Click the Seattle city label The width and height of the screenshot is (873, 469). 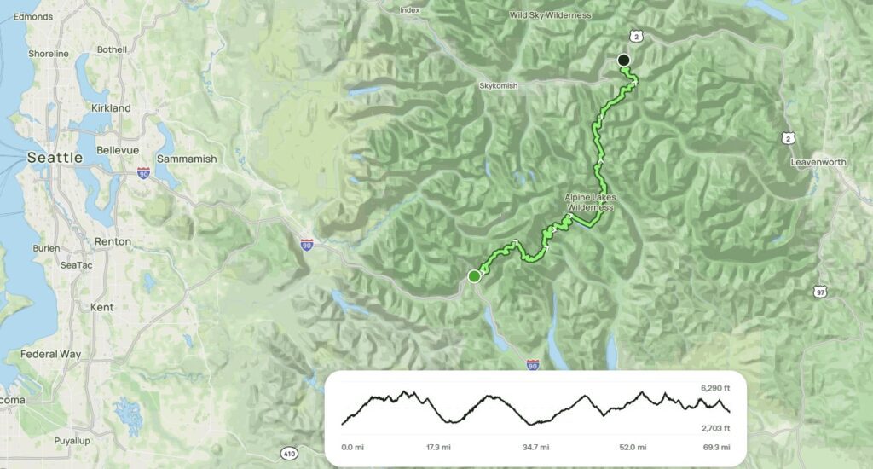(55, 158)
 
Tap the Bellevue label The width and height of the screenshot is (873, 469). (118, 150)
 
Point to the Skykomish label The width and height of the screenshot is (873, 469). (499, 86)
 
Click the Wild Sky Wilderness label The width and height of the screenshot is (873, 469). (552, 15)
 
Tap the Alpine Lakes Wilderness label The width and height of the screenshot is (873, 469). (588, 202)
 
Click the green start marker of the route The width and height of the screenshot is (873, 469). (474, 275)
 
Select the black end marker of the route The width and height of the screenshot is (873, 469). (623, 60)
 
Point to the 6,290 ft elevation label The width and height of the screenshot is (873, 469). (716, 388)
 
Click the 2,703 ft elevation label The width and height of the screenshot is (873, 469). (716, 428)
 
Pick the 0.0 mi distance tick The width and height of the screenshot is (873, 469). (353, 447)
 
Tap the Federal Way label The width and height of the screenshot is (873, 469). (50, 354)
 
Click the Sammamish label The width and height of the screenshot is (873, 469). (188, 159)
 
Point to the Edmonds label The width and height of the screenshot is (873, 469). (32, 16)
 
